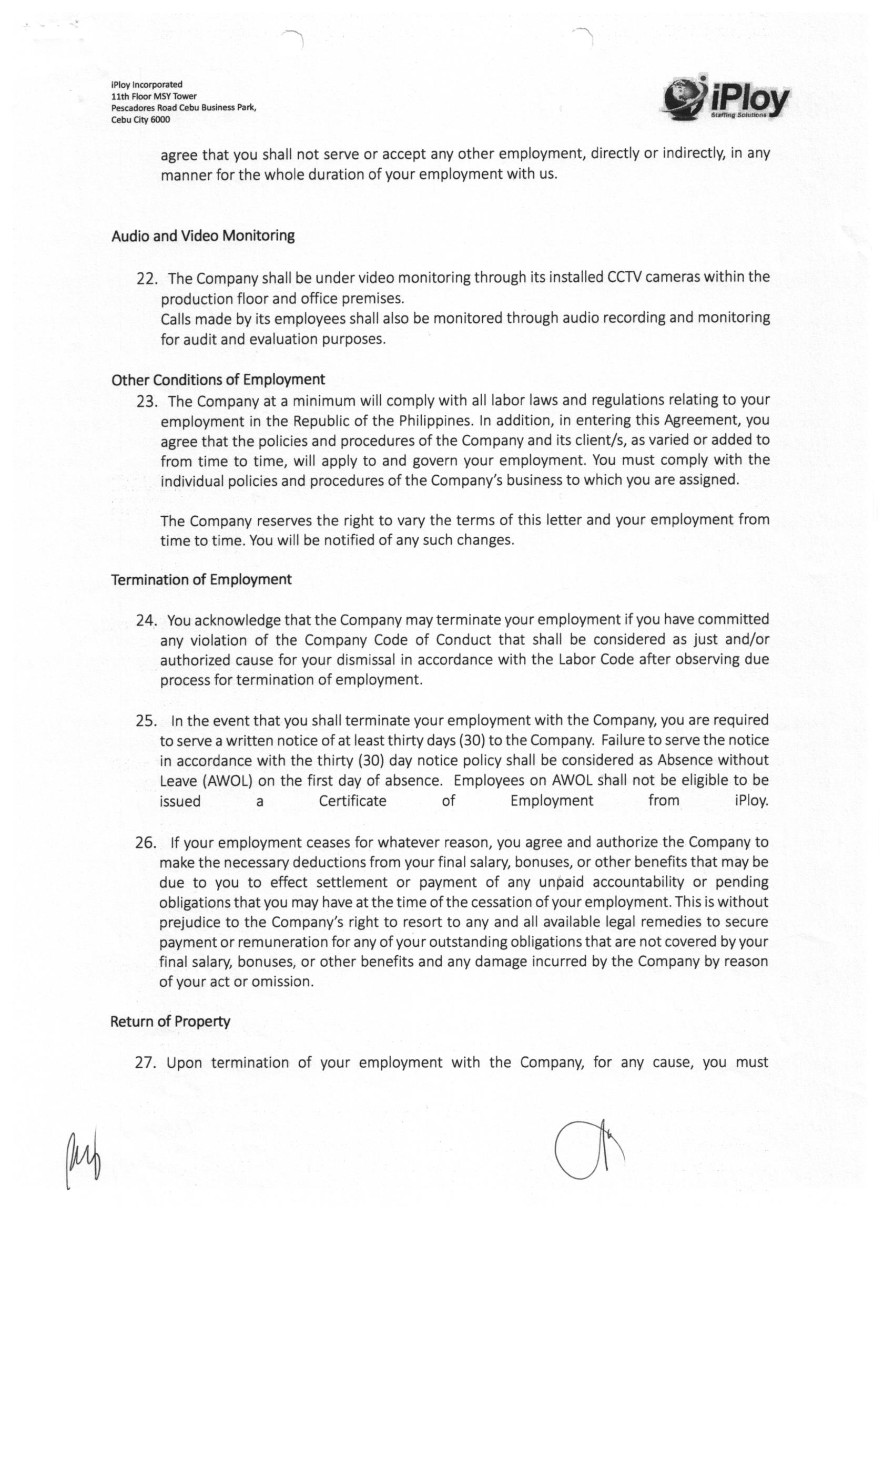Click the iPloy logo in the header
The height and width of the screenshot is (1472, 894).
point(726,99)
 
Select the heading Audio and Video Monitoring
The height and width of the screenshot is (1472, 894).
point(202,236)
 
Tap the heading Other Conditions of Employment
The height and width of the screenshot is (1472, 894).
point(218,380)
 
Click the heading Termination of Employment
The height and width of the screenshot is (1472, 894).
point(201,579)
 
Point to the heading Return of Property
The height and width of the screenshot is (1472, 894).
point(170,1021)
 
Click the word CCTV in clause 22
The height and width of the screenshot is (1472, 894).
point(624,278)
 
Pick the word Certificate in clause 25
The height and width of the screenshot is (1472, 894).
point(352,801)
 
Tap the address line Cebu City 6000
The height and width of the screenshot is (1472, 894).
point(140,119)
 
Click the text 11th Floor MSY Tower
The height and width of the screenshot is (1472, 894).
point(154,96)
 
